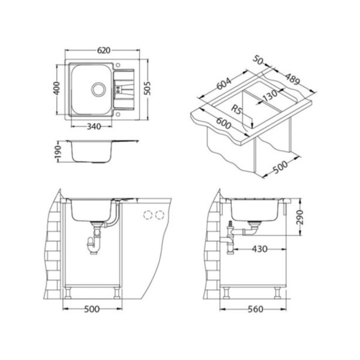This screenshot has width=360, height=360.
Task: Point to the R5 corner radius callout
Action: (x=236, y=109)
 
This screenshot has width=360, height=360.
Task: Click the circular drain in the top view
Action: (x=98, y=89)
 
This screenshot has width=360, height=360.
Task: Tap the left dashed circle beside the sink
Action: (x=147, y=214)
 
